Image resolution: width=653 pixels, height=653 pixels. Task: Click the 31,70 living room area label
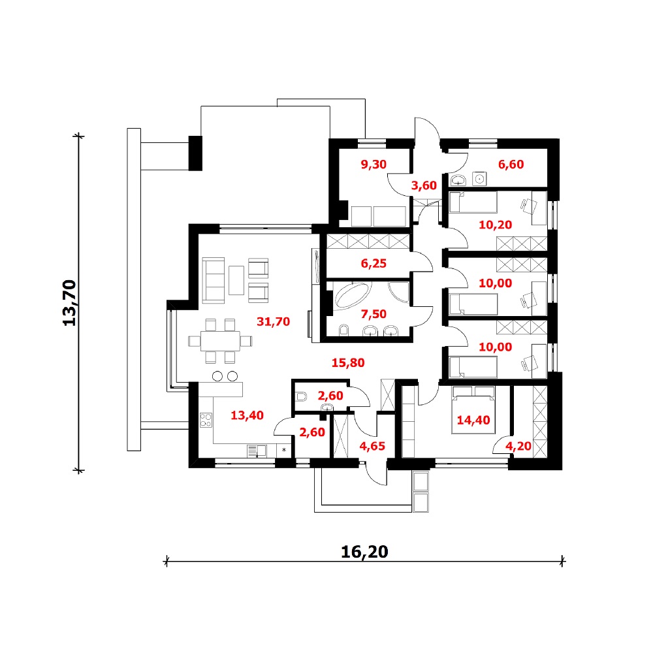click(273, 321)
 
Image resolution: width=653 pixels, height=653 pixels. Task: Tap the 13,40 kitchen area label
click(247, 415)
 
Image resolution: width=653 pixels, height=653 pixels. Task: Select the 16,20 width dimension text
click(364, 552)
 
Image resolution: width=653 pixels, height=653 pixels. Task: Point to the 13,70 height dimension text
click(70, 303)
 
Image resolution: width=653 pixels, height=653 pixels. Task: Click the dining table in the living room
click(220, 341)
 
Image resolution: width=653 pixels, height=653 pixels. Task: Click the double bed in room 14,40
click(473, 410)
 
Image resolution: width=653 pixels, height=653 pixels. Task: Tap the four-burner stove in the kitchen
click(206, 420)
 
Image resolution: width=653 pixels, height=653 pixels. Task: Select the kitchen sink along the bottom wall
click(257, 451)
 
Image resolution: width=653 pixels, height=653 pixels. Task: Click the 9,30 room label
click(374, 165)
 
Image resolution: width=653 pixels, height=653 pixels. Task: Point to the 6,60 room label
click(511, 165)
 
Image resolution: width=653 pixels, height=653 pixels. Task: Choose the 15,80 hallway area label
click(348, 362)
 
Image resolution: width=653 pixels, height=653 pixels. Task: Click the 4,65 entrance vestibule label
click(372, 446)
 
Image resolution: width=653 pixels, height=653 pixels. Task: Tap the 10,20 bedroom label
click(495, 225)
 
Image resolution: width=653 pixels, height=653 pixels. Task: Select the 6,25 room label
click(374, 263)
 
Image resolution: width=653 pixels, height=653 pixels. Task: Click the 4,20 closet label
click(518, 446)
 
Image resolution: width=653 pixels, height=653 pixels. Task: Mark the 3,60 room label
click(424, 185)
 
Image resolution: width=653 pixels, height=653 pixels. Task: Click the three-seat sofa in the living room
click(214, 280)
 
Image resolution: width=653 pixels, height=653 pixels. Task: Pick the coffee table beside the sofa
click(236, 280)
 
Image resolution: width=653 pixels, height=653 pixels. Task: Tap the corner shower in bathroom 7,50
click(398, 293)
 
